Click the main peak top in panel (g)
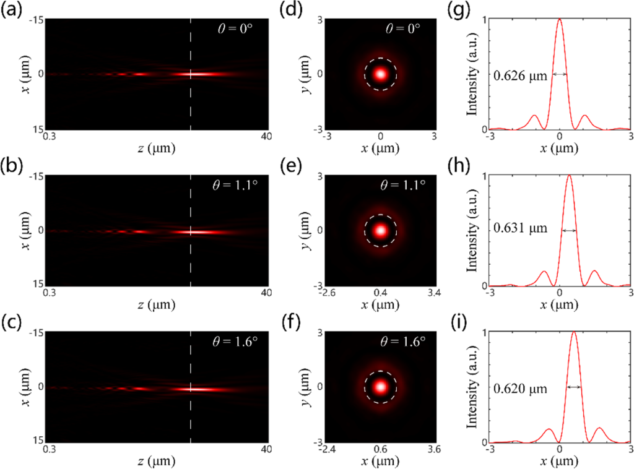pyautogui.click(x=560, y=20)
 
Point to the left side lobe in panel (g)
pyautogui.click(x=536, y=116)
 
